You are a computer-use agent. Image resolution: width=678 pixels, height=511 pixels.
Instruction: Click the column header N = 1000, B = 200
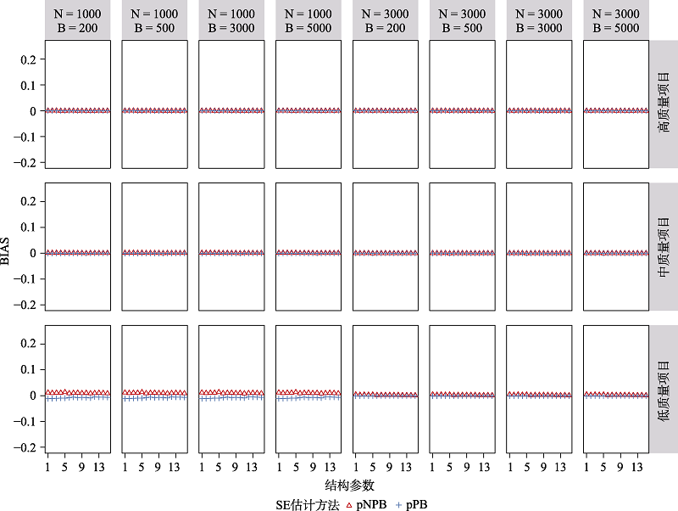pos(78,20)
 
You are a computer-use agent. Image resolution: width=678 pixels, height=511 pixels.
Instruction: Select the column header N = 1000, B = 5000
pos(308,20)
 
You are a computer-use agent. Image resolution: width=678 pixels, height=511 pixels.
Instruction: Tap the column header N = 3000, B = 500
pos(462,20)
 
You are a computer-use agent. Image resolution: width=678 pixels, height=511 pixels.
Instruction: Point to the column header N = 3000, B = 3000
pos(539,20)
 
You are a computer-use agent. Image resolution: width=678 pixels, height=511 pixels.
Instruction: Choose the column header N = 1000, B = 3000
pos(231,20)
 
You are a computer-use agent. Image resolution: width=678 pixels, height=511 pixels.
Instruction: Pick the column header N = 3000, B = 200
pos(386,20)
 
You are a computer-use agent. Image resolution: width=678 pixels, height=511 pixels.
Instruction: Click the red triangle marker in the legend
pos(349,504)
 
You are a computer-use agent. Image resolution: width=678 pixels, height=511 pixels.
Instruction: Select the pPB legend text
pos(416,504)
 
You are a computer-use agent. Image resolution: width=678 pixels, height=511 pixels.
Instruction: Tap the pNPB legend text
pos(372,504)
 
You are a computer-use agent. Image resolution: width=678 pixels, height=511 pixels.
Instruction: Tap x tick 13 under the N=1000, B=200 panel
pos(99,465)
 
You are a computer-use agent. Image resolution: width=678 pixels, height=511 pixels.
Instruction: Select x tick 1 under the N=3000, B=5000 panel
pos(587,465)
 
